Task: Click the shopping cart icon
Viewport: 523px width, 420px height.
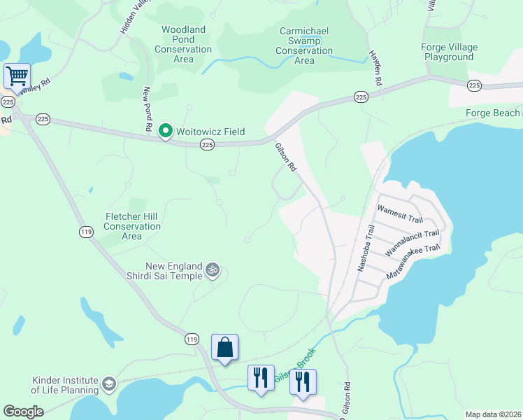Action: pos(17,74)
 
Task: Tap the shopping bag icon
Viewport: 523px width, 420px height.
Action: pos(224,347)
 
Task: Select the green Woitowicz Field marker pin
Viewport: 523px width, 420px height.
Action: pos(166,130)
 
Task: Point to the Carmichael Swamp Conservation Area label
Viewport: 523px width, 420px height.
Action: pos(304,45)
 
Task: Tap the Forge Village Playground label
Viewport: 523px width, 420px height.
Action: pos(450,52)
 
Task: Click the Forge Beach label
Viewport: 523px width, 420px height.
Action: pos(493,113)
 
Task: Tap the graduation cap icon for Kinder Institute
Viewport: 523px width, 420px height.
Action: pos(109,384)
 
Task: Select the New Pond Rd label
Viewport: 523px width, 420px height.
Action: pos(148,109)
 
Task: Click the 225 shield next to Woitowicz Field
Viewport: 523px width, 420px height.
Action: pos(207,144)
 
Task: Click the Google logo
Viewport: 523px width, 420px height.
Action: pos(23,412)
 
